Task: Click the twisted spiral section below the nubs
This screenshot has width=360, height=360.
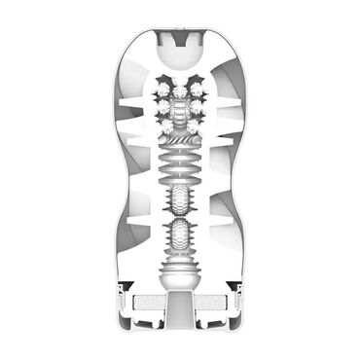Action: tap(180, 146)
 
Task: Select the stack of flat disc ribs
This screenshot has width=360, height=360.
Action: tap(180, 175)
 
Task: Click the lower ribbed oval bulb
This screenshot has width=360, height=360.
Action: tap(180, 238)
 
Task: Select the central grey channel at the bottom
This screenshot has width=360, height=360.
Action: tap(180, 316)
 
